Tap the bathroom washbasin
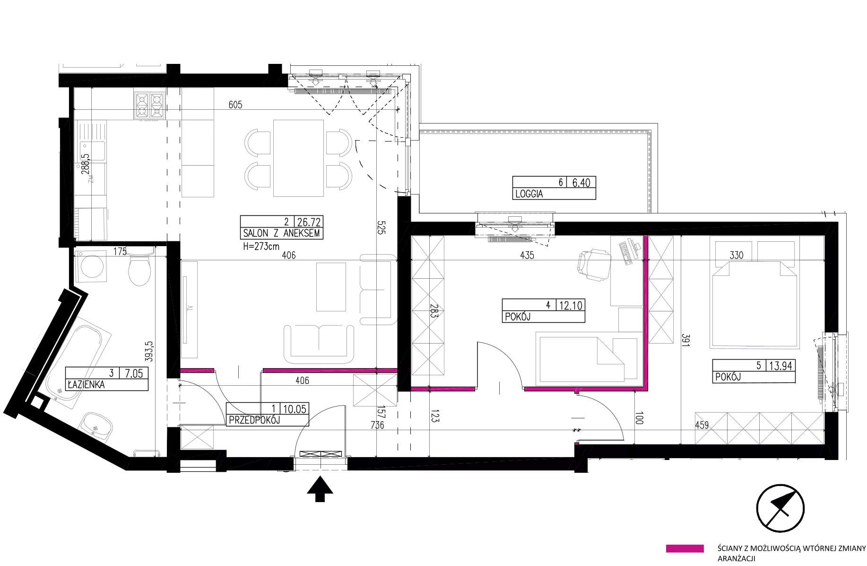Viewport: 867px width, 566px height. click(x=96, y=425)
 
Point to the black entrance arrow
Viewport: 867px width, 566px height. click(x=320, y=489)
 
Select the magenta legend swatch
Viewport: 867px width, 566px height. click(x=685, y=548)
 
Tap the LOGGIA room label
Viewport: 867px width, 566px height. click(x=529, y=194)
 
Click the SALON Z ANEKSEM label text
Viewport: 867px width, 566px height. click(x=281, y=233)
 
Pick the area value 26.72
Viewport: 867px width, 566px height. click(x=309, y=221)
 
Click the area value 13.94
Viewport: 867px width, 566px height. click(x=780, y=365)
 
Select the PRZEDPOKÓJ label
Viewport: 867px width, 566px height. click(x=255, y=420)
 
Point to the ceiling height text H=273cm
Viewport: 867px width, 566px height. click(x=261, y=246)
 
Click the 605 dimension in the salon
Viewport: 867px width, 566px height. click(x=235, y=105)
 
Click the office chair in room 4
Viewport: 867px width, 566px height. click(x=594, y=265)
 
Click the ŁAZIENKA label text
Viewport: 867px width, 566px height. click(x=86, y=385)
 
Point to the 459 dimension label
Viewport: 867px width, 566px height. click(x=702, y=425)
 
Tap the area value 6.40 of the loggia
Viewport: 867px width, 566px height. click(x=581, y=183)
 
